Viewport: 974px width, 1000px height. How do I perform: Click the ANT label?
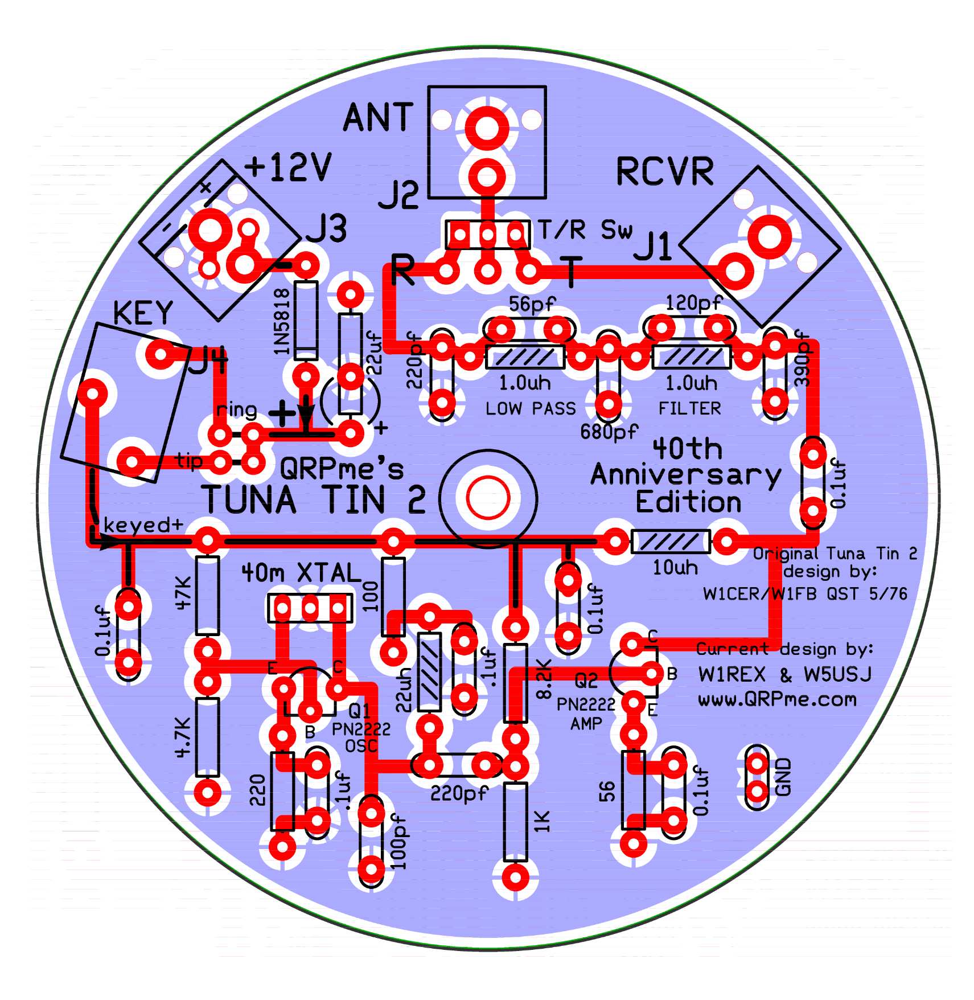point(377,118)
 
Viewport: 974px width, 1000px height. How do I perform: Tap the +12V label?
point(288,167)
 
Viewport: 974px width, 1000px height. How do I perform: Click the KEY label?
point(143,313)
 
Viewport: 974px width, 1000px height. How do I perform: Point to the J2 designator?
point(399,195)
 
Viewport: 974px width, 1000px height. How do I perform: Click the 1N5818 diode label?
point(282,321)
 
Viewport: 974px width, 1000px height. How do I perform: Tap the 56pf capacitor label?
point(531,304)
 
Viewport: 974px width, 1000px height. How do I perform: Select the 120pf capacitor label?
point(693,303)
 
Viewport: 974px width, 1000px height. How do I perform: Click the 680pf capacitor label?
point(609,432)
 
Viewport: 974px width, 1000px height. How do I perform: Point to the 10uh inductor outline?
point(671,542)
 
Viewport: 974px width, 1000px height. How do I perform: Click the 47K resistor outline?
point(207,596)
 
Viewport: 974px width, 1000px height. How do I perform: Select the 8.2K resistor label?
point(544,679)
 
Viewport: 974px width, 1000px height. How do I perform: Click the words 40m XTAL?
point(301,573)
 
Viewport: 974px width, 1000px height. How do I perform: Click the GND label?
point(784,777)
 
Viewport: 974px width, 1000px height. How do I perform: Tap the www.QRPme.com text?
point(777,699)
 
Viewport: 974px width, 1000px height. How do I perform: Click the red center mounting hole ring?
point(488,497)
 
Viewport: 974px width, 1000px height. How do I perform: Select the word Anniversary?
point(686,475)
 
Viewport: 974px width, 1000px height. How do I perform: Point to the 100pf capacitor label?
point(400,841)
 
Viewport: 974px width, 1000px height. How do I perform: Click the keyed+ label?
point(143,525)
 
